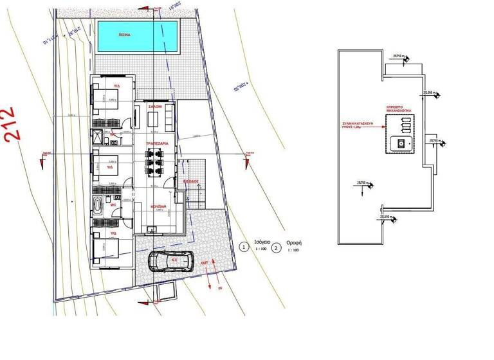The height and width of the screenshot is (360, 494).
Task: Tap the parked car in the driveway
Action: pyautogui.click(x=170, y=262)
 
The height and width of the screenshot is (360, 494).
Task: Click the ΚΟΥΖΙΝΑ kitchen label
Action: pyautogui.click(x=158, y=206)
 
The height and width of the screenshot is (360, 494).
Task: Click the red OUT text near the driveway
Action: pyautogui.click(x=204, y=263)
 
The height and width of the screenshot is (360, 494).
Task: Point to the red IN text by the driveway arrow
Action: pyautogui.click(x=219, y=289)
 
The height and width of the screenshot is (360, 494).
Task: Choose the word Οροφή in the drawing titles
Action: pyautogui.click(x=294, y=244)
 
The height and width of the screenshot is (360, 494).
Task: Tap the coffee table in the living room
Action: pyautogui.click(x=153, y=118)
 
